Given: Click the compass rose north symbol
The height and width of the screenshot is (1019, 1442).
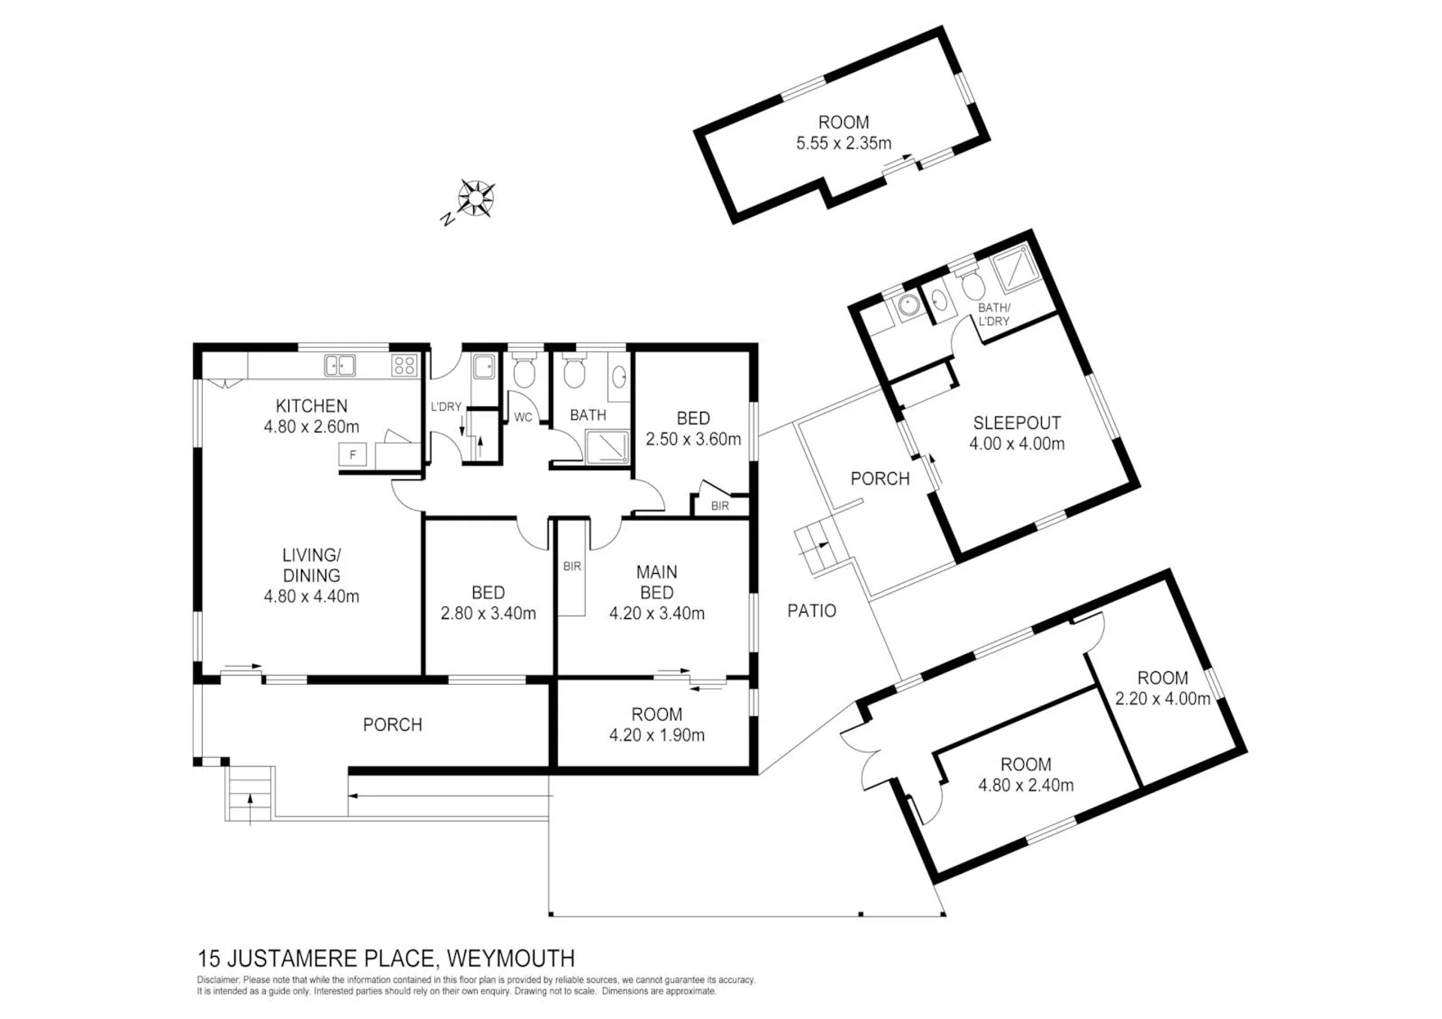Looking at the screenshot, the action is point(475,198).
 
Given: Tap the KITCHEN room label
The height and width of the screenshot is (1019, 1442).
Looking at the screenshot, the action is point(312,406).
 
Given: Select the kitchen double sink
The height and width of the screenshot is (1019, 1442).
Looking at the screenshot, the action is point(339,366).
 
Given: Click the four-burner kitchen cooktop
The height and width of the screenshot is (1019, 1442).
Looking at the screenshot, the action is point(404,366).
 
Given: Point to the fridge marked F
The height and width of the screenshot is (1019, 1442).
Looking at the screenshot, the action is point(352,455).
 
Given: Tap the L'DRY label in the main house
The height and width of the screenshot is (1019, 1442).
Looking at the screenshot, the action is point(445,407).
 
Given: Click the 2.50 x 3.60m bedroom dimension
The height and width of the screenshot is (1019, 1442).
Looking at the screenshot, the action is point(693,439).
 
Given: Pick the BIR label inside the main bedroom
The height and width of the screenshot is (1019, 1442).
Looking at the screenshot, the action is point(572,566).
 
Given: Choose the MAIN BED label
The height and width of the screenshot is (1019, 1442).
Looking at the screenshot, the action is point(656,582).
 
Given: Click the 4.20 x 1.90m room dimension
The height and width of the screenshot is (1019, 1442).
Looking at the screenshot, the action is point(657,735).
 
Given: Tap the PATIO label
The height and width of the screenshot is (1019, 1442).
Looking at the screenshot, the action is point(812,611).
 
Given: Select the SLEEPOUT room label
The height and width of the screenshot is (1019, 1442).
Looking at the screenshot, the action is point(1017,423).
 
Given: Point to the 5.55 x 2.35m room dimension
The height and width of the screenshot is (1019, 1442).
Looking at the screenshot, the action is point(844,143).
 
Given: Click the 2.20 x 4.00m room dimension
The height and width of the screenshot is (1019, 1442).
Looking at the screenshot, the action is point(1163,699).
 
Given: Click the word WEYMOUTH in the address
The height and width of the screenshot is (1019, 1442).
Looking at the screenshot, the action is point(511,959).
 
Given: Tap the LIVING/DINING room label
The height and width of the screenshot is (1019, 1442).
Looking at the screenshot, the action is point(312,565).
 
